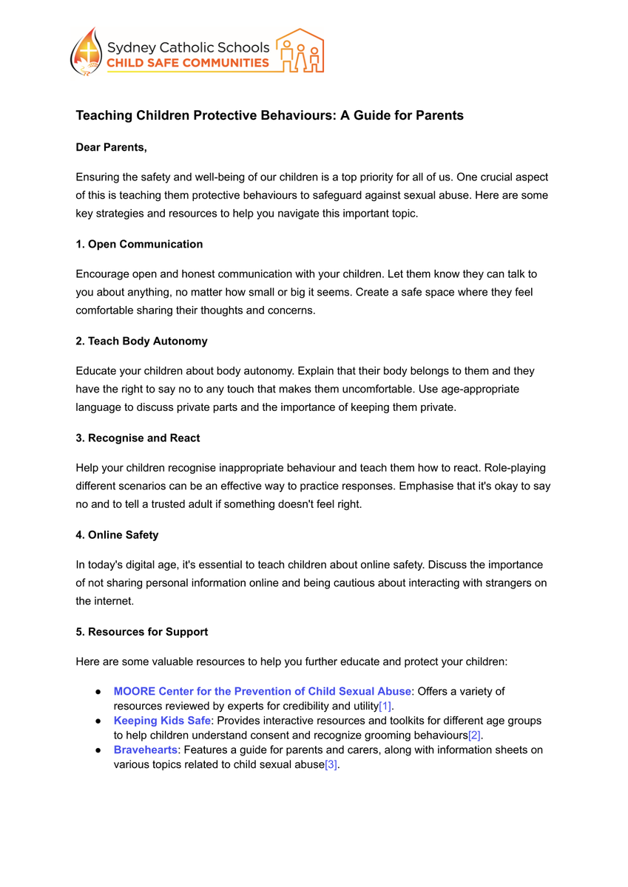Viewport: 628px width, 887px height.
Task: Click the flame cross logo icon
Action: point(87,52)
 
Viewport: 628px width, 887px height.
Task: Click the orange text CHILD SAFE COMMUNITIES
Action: point(188,63)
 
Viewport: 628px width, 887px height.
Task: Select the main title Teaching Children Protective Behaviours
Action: point(269,115)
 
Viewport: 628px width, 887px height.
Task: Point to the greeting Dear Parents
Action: point(111,148)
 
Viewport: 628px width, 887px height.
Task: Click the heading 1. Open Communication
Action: point(139,244)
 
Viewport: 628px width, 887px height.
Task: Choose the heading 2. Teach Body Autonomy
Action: point(141,341)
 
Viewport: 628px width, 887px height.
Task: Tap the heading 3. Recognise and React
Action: point(138,438)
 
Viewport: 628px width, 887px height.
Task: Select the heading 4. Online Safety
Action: point(117,534)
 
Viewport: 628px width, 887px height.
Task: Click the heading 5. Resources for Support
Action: point(141,631)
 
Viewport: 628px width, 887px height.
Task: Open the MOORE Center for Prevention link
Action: point(262,691)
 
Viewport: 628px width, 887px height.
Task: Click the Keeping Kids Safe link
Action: point(162,720)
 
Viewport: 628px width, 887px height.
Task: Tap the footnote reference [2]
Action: point(475,735)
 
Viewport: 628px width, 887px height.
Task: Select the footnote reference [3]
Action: point(331,764)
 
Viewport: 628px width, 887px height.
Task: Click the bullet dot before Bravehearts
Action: point(98,750)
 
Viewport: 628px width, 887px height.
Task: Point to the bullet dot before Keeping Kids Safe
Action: point(98,720)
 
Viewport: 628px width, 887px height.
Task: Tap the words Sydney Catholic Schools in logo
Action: point(188,47)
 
